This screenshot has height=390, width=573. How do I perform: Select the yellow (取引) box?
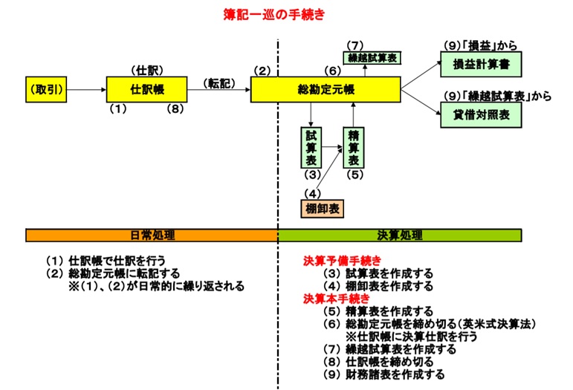46,89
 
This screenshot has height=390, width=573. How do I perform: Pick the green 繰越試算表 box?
372,57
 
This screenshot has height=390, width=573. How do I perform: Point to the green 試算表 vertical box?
311,148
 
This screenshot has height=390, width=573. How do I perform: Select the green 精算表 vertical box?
353,148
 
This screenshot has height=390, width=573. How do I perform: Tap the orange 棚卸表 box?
322,209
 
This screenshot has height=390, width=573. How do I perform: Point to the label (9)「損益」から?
481,44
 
